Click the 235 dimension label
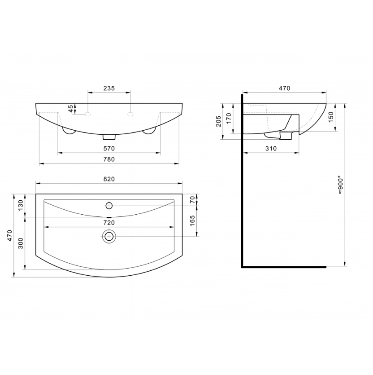tap(109, 88)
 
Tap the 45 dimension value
tap(71, 109)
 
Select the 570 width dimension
tap(109, 149)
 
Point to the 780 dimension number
tap(109, 159)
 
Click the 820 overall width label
tap(109, 179)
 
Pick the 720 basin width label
tap(109, 223)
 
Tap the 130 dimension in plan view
tap(21, 205)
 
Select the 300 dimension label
tap(21, 243)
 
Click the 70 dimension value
tap(192, 200)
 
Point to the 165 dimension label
tap(192, 221)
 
